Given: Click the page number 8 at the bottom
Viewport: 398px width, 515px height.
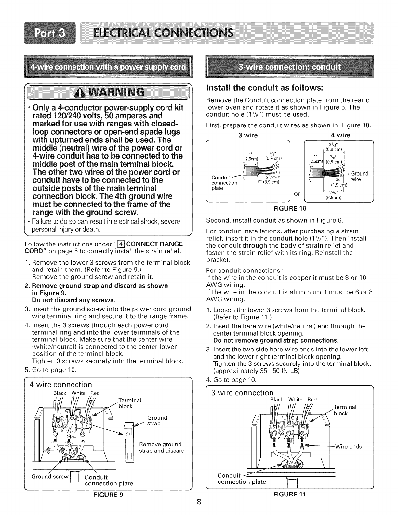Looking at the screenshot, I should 199,502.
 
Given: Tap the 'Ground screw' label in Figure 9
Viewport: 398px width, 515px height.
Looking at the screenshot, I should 50,477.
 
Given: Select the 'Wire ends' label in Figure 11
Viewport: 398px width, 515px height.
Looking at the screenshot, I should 348,446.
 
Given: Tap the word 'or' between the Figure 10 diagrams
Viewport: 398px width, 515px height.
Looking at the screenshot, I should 296,194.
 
